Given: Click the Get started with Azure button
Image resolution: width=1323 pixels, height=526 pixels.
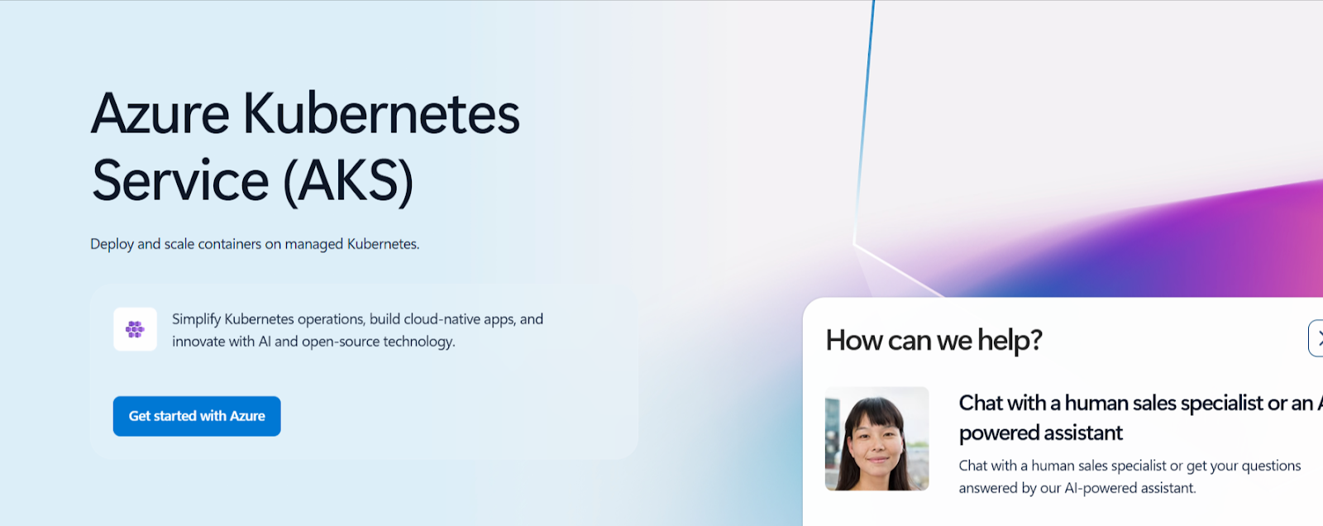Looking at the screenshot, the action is click(197, 416).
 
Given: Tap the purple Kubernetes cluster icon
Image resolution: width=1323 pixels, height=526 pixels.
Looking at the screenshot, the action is click(136, 329).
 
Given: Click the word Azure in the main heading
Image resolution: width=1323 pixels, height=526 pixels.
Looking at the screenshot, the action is click(160, 112).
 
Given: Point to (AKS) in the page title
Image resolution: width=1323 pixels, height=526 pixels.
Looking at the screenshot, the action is click(348, 181).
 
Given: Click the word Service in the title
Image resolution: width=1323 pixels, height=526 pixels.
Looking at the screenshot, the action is click(181, 180).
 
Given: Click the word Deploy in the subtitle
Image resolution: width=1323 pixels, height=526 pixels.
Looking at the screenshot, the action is click(112, 244).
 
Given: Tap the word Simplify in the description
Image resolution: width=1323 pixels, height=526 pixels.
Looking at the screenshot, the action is click(196, 320).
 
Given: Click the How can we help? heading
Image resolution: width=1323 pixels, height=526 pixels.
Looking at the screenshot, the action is click(934, 341).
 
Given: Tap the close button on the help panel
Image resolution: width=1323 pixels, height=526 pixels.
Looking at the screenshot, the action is click(1316, 338).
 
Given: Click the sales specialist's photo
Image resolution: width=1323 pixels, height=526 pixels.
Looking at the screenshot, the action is click(876, 438).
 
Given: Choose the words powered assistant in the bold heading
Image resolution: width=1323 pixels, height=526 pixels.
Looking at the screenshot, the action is click(1041, 433).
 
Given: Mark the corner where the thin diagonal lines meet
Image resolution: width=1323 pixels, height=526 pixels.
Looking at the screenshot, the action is click(854, 243).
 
